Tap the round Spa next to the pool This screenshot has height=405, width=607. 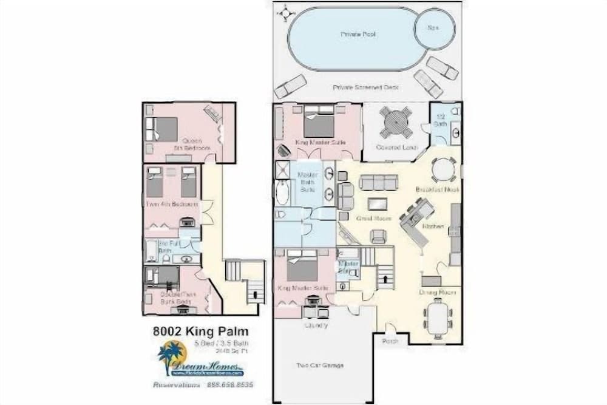pos(433,28)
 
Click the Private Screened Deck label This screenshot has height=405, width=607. pos(365,87)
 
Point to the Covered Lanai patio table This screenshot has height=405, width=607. pos(395,123)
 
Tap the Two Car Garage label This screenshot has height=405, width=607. pos(319,366)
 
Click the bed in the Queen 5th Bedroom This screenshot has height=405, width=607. pos(161,129)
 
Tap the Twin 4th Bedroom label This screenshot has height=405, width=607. pos(172,205)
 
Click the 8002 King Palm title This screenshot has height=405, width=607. pos(200,332)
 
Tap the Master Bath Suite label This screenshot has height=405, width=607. pos(307,182)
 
